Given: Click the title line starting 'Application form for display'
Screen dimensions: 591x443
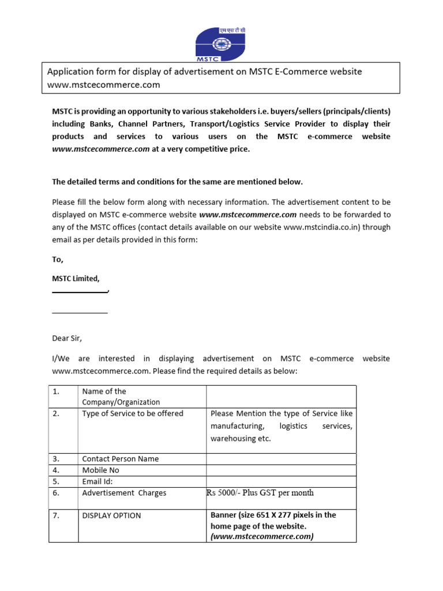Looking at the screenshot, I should pos(204,72).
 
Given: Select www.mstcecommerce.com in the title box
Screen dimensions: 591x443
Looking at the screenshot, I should pos(103,84).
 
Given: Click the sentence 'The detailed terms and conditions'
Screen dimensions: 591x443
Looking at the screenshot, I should pos(177,182).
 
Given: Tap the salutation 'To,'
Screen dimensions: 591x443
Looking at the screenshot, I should pos(58,260).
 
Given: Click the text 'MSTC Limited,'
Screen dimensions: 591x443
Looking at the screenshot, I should pos(76,279).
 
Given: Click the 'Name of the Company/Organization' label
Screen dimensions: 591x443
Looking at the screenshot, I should pos(121,397).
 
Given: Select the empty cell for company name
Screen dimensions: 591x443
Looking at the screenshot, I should pos(281,397).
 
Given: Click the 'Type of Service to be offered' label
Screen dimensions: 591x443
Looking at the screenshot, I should pos(133,413).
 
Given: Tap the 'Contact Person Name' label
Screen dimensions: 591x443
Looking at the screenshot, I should pos(121,459).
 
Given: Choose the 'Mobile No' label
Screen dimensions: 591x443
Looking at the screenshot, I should pos(101,470).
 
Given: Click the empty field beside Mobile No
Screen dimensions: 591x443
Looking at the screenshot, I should pos(281,470).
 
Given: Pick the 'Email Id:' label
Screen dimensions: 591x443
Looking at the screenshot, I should pos(97,481).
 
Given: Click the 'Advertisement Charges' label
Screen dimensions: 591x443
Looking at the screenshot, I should pos(124,493).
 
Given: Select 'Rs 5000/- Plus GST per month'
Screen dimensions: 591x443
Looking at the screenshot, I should pos(260,493).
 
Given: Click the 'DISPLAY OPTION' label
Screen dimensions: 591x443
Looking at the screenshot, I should pos(111,515).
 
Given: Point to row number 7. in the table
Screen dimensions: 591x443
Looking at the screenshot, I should pos(57,515).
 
